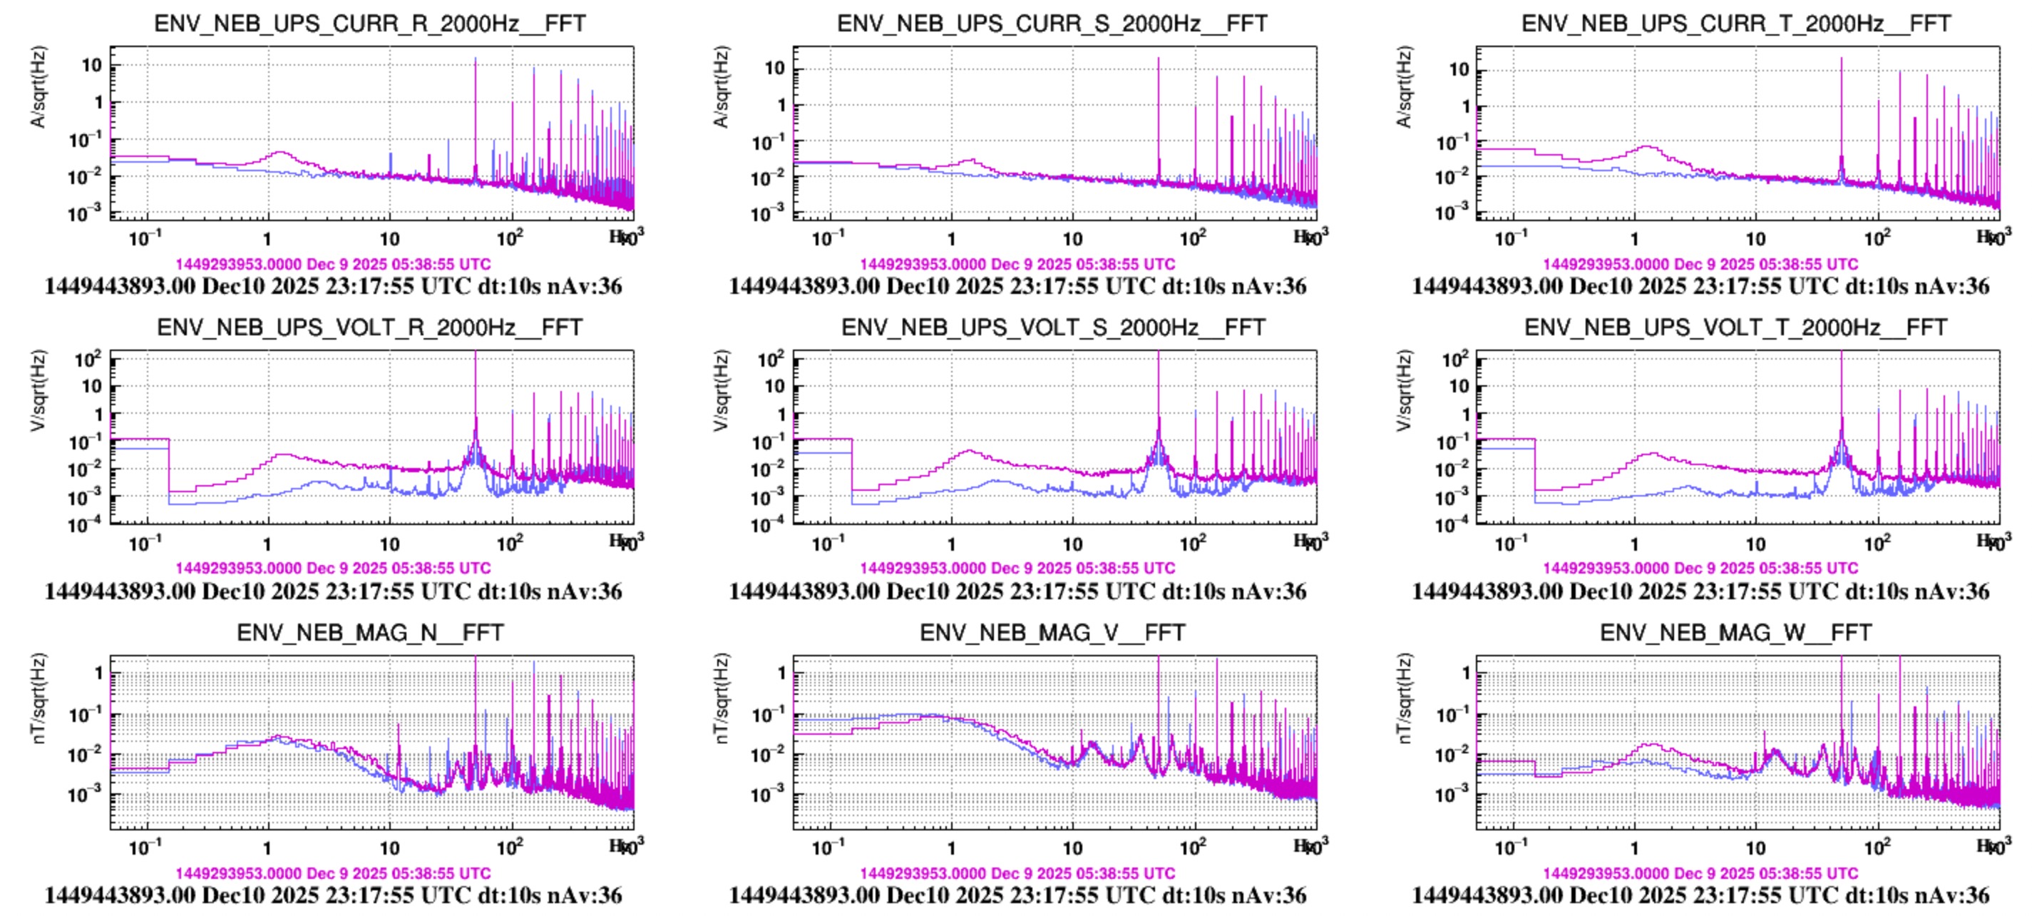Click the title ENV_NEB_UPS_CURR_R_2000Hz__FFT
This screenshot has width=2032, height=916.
(369, 24)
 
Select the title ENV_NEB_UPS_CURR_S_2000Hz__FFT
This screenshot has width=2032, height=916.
(1052, 24)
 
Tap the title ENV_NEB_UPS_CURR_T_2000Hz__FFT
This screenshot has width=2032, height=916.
(1736, 24)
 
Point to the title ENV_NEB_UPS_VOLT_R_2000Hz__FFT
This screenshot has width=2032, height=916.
(369, 327)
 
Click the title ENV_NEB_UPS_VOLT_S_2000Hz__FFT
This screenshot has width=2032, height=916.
(1053, 327)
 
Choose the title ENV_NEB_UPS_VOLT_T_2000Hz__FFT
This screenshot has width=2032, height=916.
(1736, 327)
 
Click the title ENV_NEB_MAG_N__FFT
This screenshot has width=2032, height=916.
(369, 633)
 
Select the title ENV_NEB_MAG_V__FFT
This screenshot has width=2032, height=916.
(1052, 633)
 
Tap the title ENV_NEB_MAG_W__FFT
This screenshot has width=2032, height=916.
(1736, 633)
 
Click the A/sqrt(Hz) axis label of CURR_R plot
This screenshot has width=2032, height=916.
(38, 87)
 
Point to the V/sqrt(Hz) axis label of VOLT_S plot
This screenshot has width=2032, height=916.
(721, 390)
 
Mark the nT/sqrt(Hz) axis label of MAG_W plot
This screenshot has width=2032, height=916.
(1404, 698)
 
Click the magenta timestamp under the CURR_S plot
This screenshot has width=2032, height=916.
(1017, 264)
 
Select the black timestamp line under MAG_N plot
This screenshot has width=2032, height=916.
(333, 895)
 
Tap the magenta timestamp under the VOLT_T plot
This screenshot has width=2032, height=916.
(1700, 568)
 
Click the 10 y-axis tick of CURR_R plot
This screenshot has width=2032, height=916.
(92, 66)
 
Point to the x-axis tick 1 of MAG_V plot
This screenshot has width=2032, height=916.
(950, 848)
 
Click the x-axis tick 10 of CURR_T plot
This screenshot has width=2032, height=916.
(1756, 238)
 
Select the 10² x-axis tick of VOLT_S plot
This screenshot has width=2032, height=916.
(1193, 543)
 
